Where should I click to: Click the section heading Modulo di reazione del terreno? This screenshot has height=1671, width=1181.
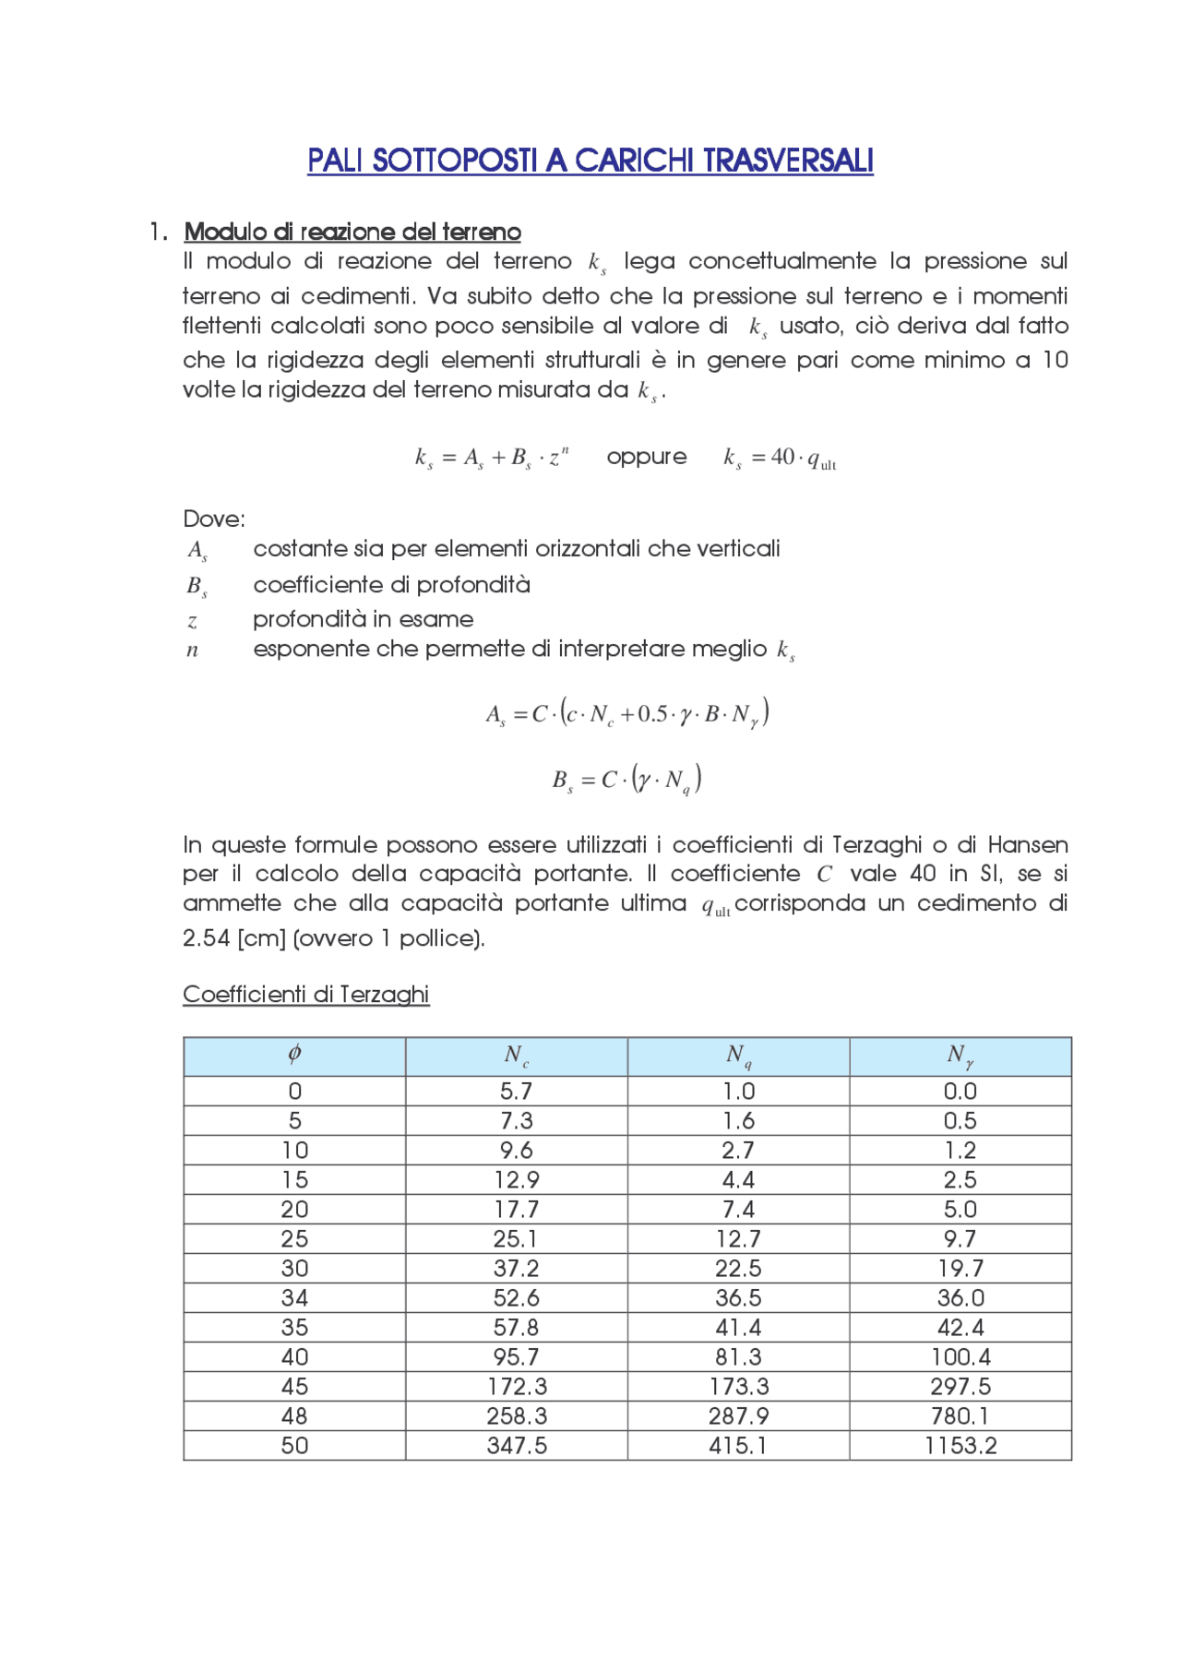tap(352, 232)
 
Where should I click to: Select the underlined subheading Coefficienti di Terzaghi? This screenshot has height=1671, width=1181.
tap(305, 994)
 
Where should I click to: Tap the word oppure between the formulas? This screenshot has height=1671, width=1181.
tap(646, 457)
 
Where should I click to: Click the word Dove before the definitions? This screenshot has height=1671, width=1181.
tap(212, 519)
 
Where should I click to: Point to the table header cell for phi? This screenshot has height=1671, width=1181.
tap(294, 1056)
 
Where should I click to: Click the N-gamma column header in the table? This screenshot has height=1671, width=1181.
tap(960, 1056)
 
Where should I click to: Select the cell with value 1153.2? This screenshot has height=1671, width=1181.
tap(960, 1445)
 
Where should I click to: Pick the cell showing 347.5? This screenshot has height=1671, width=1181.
tap(517, 1445)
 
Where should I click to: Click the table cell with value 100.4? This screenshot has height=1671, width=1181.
tap(960, 1356)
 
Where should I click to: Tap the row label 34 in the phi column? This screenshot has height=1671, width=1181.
tap(294, 1297)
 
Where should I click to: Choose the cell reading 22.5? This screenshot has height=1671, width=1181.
tap(738, 1268)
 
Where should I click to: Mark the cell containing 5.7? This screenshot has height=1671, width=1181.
tap(517, 1091)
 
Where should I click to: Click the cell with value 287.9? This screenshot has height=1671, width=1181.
tap(738, 1415)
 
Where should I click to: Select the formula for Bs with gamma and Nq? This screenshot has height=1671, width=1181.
tap(627, 780)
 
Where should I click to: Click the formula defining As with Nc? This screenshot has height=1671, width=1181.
tap(627, 713)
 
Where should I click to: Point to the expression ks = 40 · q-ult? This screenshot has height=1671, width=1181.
tap(780, 458)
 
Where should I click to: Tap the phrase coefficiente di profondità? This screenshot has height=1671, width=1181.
tap(391, 585)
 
